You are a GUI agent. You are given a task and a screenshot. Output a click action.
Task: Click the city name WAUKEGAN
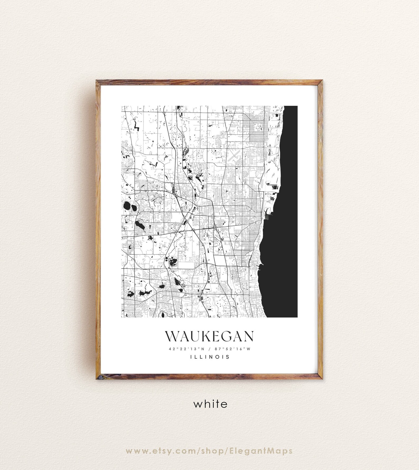[x=209, y=336]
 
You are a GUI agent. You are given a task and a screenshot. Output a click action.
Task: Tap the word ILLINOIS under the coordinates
[x=209, y=357]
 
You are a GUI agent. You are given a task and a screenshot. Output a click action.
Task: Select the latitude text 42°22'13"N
[x=187, y=349]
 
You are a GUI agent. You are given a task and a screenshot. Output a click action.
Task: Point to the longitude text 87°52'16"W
[x=232, y=349]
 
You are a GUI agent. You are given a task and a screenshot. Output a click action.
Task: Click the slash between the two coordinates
[x=209, y=349]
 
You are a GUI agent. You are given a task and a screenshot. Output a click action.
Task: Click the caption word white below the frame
[x=210, y=404]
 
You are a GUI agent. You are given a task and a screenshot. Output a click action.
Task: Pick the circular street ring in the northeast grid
[x=257, y=128]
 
